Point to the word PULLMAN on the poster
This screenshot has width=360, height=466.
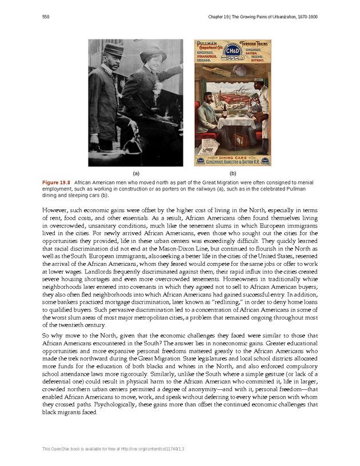(x=206, y=43)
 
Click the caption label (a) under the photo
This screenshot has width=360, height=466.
(x=136, y=173)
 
